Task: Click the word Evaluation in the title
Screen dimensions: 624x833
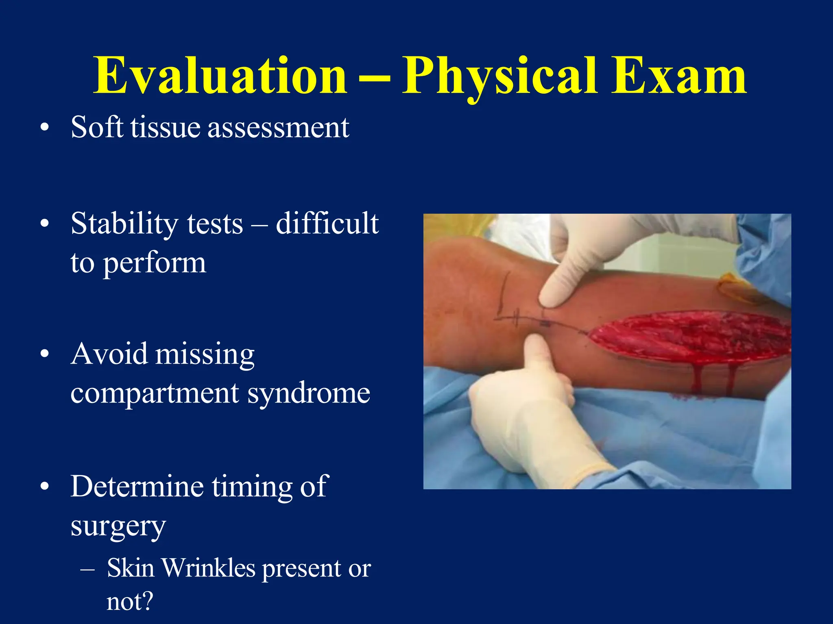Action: pos(220,76)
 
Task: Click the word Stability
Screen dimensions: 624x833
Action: pos(124,225)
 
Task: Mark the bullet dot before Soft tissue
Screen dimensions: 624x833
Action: pos(45,128)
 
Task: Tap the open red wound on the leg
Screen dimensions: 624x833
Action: pos(691,337)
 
